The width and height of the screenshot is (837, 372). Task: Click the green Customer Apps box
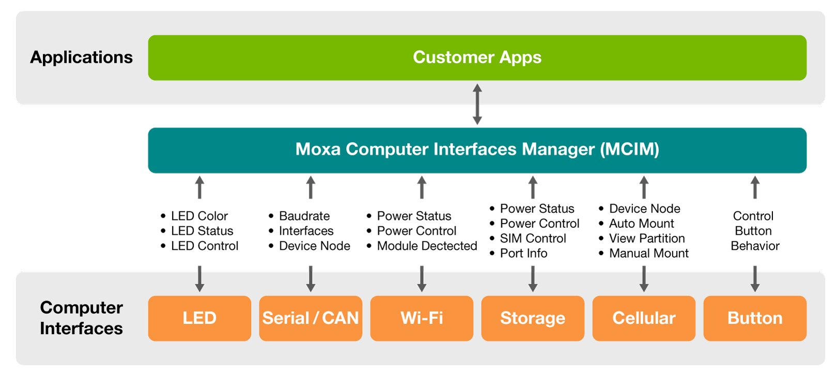pyautogui.click(x=477, y=57)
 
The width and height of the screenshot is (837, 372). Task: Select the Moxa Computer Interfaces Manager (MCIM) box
pyautogui.click(x=477, y=150)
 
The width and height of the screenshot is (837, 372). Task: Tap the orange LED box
pyautogui.click(x=199, y=318)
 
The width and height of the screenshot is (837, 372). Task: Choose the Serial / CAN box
pyautogui.click(x=311, y=318)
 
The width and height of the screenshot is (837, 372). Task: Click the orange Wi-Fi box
pyautogui.click(x=422, y=318)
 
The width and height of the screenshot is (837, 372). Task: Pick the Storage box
pyautogui.click(x=533, y=318)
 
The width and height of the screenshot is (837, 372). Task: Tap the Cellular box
pyautogui.click(x=644, y=318)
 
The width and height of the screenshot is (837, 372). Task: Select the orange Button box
pyautogui.click(x=755, y=318)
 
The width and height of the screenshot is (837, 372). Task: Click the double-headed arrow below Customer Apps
pyautogui.click(x=477, y=104)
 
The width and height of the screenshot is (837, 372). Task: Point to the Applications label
pyautogui.click(x=81, y=57)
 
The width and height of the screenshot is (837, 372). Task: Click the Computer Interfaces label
pyautogui.click(x=81, y=318)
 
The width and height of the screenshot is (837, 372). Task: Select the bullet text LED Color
pyautogui.click(x=199, y=216)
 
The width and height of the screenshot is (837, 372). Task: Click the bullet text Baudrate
pyautogui.click(x=304, y=216)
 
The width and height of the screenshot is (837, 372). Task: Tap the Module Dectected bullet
pyautogui.click(x=427, y=246)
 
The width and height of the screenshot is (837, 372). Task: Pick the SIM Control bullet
pyautogui.click(x=533, y=238)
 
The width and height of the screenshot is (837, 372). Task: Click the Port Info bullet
pyautogui.click(x=523, y=253)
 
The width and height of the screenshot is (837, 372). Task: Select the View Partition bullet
pyautogui.click(x=646, y=238)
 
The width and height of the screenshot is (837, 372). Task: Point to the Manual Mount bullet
pyautogui.click(x=648, y=253)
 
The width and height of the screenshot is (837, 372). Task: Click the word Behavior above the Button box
pyautogui.click(x=755, y=246)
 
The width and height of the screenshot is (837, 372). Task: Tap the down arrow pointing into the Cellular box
pyautogui.click(x=644, y=279)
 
